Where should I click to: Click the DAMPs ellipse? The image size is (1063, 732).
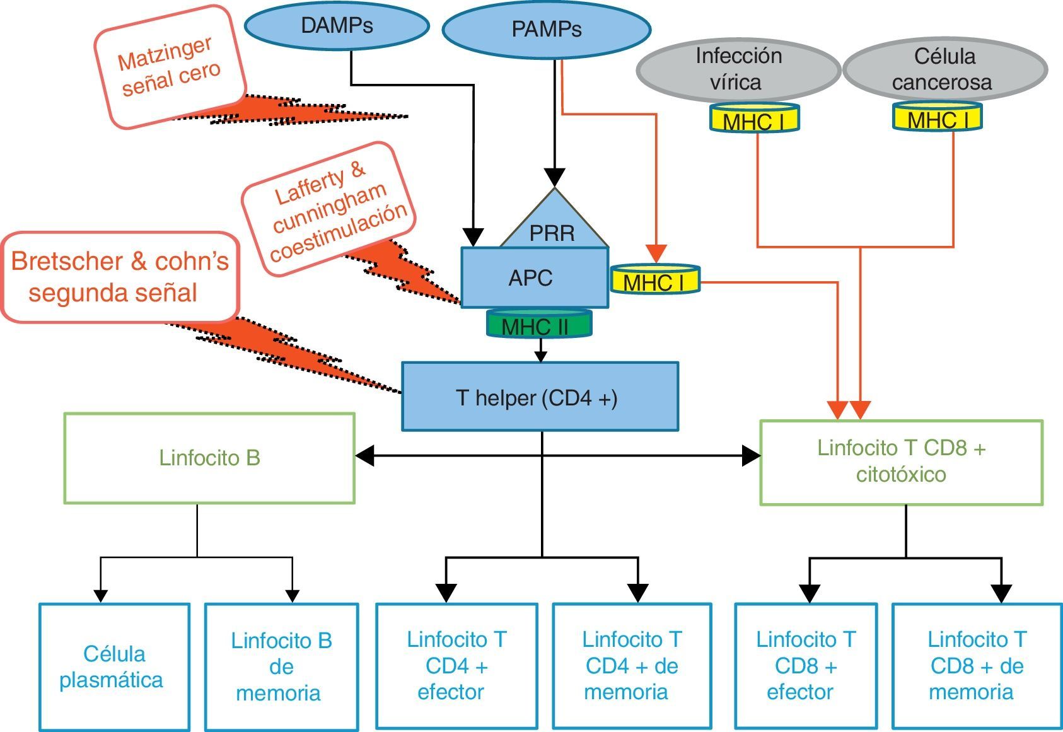[337, 26]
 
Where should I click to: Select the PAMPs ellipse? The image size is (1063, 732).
[546, 30]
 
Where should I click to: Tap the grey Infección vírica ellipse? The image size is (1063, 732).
[738, 69]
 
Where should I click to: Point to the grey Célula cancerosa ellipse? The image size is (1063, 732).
[944, 69]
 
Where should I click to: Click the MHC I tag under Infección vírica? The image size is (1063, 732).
[754, 119]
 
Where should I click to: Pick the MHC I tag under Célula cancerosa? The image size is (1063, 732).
[938, 117]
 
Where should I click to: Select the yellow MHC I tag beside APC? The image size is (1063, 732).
[654, 280]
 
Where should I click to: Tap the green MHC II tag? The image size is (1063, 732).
[539, 324]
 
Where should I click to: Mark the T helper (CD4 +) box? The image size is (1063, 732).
[540, 397]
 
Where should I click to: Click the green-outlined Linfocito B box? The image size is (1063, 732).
[209, 458]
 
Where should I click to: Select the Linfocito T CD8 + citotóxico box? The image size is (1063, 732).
[901, 462]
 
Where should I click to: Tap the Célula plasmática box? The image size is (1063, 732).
[114, 666]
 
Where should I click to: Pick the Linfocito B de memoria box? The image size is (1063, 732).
[281, 666]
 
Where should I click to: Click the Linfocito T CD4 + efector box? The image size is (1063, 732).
[456, 666]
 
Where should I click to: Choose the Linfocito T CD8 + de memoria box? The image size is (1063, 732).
[977, 666]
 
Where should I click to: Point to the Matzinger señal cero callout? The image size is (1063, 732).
[169, 67]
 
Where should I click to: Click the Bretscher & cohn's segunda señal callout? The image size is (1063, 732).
[120, 277]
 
